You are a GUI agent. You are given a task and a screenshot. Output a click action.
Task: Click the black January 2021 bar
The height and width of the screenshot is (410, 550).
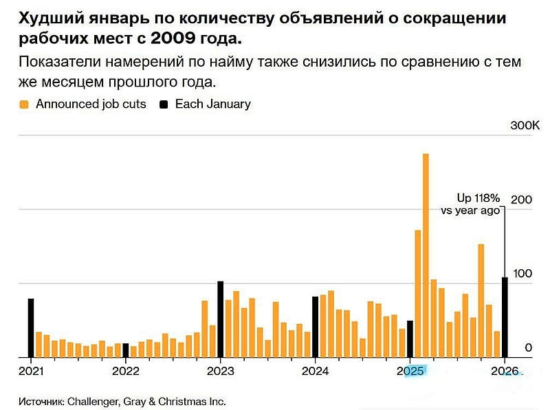tap(30, 328)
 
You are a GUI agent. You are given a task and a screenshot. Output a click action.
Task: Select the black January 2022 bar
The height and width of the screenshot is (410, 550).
tap(125, 350)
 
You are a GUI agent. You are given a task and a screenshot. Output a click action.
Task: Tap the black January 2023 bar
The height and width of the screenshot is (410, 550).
tap(220, 319)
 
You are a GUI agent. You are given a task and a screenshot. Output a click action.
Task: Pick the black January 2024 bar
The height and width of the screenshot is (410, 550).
tap(315, 327)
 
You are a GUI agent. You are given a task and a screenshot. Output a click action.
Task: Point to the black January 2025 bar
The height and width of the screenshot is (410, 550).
tap(410, 339)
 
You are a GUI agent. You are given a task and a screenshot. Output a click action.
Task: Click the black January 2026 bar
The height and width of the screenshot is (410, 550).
tap(505, 317)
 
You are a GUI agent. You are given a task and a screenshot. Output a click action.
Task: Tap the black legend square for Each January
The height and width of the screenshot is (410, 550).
tap(164, 105)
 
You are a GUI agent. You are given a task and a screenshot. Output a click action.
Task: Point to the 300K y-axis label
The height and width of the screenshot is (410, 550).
tap(525, 126)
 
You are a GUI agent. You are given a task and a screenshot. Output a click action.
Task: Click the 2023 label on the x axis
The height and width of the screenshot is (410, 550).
tap(220, 372)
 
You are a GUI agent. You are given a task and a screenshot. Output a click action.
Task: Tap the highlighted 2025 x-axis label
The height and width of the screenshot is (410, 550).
tap(410, 372)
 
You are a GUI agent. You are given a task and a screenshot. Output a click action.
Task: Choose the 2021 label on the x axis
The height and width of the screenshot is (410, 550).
tap(30, 372)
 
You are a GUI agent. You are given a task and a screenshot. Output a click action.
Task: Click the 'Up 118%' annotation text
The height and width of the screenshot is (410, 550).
tap(478, 198)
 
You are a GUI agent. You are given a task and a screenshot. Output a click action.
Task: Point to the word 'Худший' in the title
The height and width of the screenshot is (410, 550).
tap(46, 18)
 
